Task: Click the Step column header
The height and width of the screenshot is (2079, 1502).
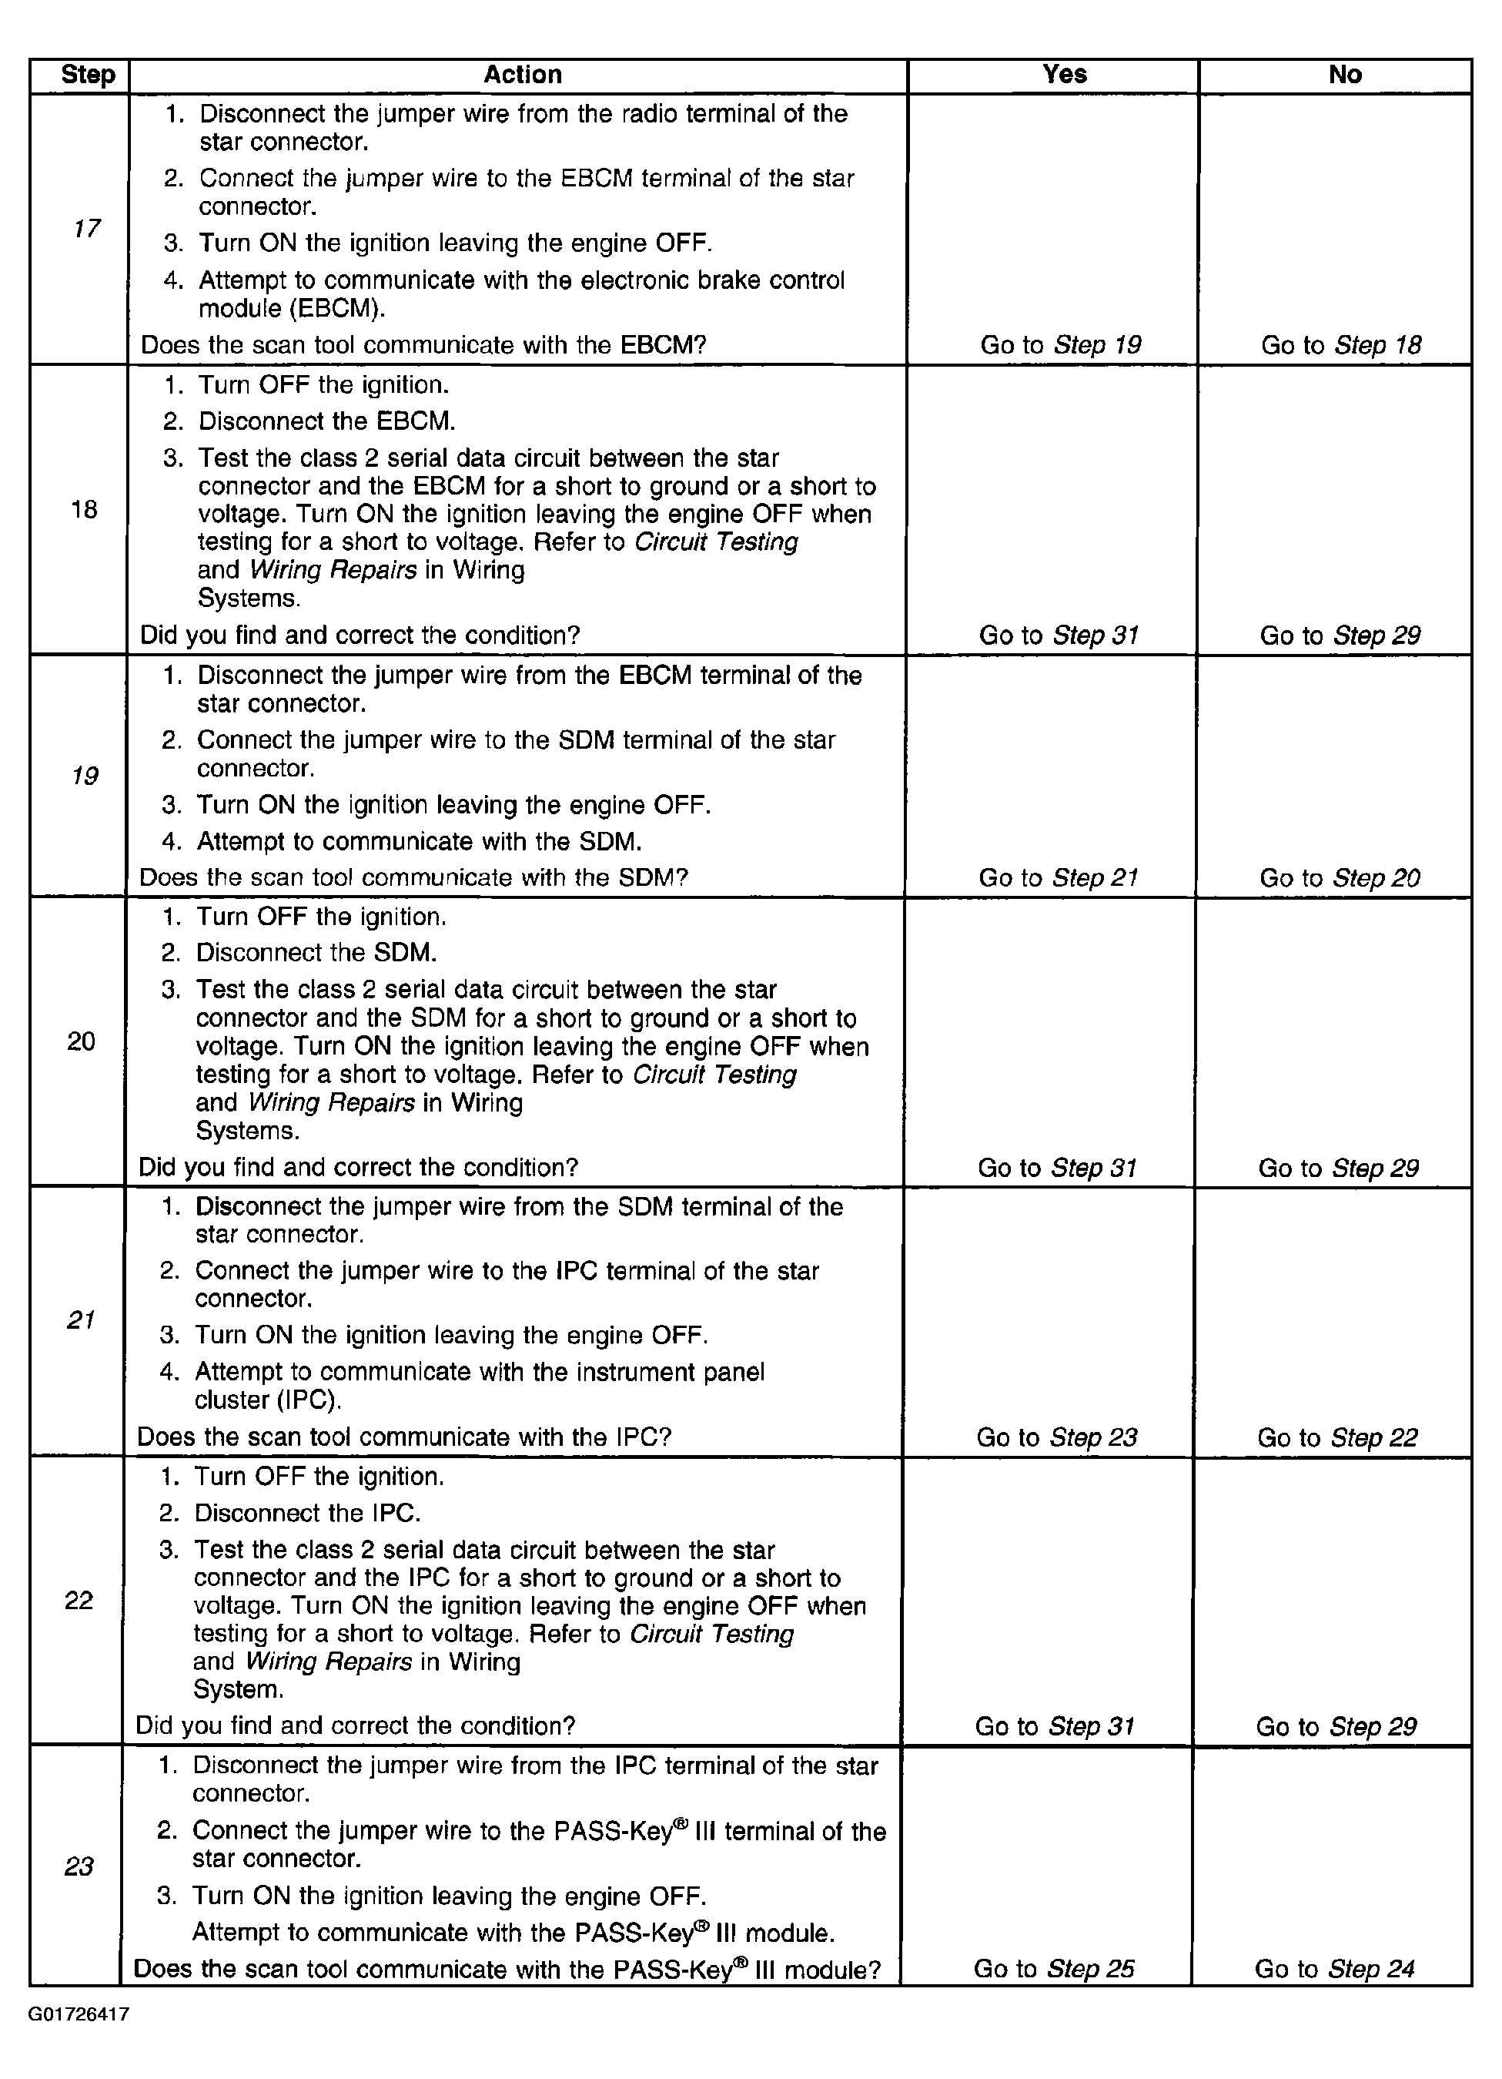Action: click(x=87, y=75)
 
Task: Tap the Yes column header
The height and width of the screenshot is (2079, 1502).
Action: click(x=1063, y=74)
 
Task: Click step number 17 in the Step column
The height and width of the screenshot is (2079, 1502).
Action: click(x=85, y=228)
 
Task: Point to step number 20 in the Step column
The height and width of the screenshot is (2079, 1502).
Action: click(x=81, y=1041)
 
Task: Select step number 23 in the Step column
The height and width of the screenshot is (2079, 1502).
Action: click(x=79, y=1866)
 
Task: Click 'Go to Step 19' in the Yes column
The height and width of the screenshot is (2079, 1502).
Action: click(x=1060, y=346)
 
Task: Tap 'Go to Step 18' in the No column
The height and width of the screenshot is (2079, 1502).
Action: click(x=1340, y=346)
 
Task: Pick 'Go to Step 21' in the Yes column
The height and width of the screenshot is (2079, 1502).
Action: click(x=1059, y=878)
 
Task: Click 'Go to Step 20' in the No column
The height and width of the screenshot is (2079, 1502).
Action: click(x=1339, y=878)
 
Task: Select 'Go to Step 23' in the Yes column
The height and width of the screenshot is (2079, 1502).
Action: click(x=1056, y=1437)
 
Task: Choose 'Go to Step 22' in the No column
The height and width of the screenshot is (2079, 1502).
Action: click(x=1337, y=1437)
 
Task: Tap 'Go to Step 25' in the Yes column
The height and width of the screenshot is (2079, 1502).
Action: click(x=1054, y=1969)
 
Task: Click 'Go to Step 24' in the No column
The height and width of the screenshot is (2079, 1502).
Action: click(x=1334, y=1969)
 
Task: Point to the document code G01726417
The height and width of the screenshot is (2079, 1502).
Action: click(x=79, y=2014)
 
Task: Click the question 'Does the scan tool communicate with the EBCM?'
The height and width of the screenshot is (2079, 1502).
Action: click(x=423, y=346)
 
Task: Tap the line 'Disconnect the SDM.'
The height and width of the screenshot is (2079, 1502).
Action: click(x=316, y=952)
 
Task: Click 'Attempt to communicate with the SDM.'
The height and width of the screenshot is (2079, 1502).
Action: click(x=419, y=841)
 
